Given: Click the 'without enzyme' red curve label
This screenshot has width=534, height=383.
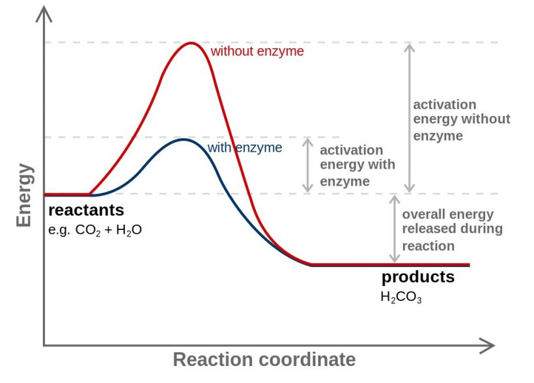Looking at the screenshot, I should coord(257,51).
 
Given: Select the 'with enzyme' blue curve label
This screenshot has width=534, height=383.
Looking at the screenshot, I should coord(244,148).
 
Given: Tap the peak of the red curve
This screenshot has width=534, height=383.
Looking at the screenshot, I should coord(190,43).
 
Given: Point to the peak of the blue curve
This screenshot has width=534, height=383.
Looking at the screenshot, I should coord(184,139).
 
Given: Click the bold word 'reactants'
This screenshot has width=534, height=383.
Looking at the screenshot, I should coord(86,210).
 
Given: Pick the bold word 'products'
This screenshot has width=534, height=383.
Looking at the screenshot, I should coord(417,277).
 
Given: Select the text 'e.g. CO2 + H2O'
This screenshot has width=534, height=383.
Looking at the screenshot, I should coord(94,230).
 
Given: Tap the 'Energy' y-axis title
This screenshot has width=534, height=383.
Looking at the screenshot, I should coord(24,195).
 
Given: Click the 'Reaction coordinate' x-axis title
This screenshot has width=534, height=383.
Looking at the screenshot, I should coord(264,360).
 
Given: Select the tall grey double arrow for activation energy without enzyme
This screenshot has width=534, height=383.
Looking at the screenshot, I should coord(409,117).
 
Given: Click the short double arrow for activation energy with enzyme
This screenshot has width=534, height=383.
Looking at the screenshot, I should coord(308,165).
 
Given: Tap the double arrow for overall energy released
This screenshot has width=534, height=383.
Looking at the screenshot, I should coord(393,229).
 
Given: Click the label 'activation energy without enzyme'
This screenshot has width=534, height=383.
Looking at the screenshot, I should coord(461,120).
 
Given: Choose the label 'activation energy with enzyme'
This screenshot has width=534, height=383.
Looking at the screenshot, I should coord(357,165).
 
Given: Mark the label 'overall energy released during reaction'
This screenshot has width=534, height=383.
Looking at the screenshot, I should coord(452,230).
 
